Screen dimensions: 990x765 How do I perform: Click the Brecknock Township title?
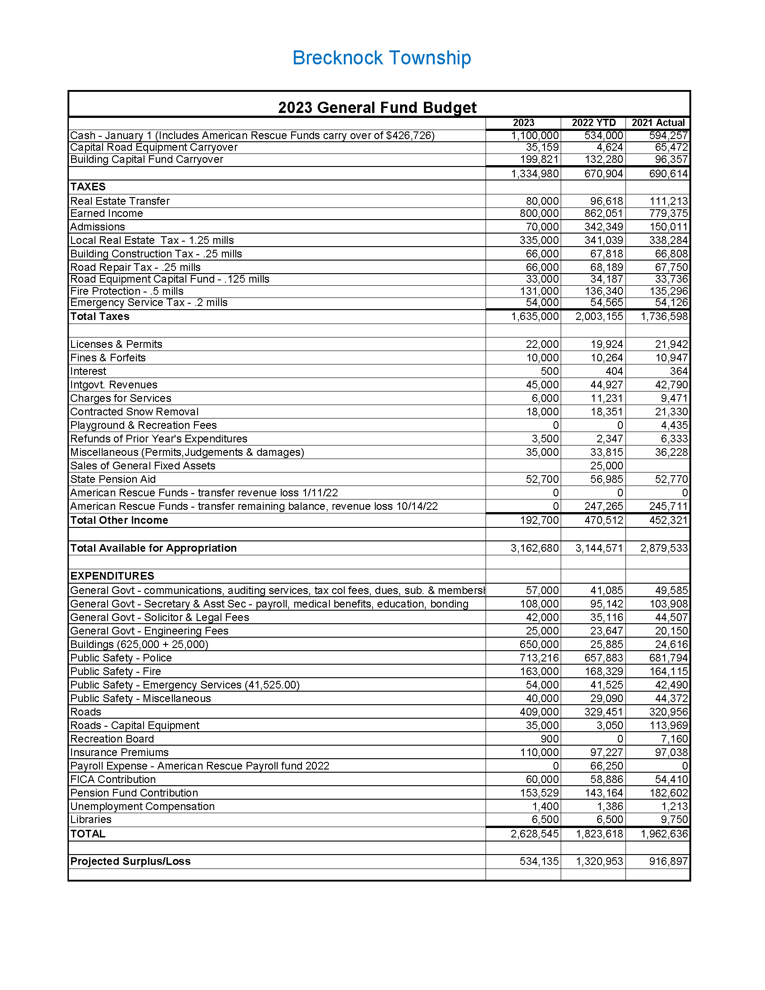(382, 58)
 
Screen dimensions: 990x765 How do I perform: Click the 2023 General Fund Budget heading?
(377, 108)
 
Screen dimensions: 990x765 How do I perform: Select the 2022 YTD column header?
(593, 123)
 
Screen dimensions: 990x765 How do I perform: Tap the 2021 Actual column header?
(658, 123)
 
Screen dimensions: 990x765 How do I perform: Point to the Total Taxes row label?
(100, 316)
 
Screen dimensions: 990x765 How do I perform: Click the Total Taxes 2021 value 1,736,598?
(664, 316)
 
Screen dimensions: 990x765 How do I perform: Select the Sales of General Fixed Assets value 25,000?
(607, 466)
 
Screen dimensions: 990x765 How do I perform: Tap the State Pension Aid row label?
(113, 479)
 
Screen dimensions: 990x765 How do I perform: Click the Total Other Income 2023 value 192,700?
(539, 520)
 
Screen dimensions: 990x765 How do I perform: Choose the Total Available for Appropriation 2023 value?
(534, 548)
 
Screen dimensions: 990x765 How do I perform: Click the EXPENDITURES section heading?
(112, 576)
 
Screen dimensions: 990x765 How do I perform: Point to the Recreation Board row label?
(112, 739)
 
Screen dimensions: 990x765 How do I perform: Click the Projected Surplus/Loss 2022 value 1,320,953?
(599, 861)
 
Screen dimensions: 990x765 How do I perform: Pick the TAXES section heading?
(88, 187)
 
